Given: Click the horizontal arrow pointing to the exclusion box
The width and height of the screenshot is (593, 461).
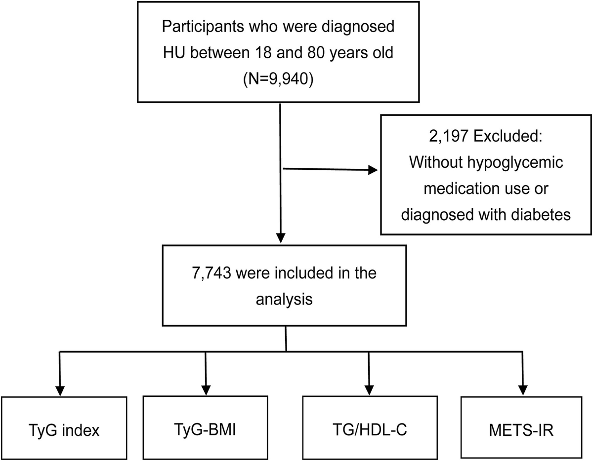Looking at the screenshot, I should pyautogui.click(x=328, y=170).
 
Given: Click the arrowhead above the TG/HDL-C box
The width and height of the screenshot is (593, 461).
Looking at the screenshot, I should pyautogui.click(x=368, y=388).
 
